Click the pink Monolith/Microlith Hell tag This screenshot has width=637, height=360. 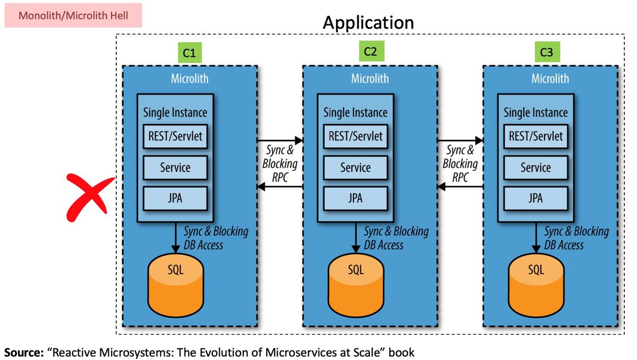pyautogui.click(x=73, y=15)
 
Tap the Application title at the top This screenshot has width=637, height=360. pyautogui.click(x=368, y=22)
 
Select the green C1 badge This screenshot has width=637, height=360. pyautogui.click(x=190, y=53)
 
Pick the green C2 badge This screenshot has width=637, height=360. pyautogui.click(x=370, y=52)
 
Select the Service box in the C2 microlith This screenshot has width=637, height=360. pyautogui.click(x=355, y=168)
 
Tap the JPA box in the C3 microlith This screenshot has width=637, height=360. pyautogui.click(x=535, y=198)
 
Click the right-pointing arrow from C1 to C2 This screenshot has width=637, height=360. pyautogui.click(x=280, y=141)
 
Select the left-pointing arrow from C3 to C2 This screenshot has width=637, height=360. pyautogui.click(x=460, y=187)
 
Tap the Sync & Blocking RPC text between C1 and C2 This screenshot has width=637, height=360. pyautogui.click(x=280, y=164)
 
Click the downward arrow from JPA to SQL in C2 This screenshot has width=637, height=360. pyautogui.click(x=355, y=237)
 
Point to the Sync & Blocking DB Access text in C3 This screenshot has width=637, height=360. pyautogui.click(x=575, y=238)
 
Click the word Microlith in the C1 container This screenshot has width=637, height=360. pyautogui.click(x=190, y=79)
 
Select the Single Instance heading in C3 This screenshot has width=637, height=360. pyautogui.click(x=535, y=113)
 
